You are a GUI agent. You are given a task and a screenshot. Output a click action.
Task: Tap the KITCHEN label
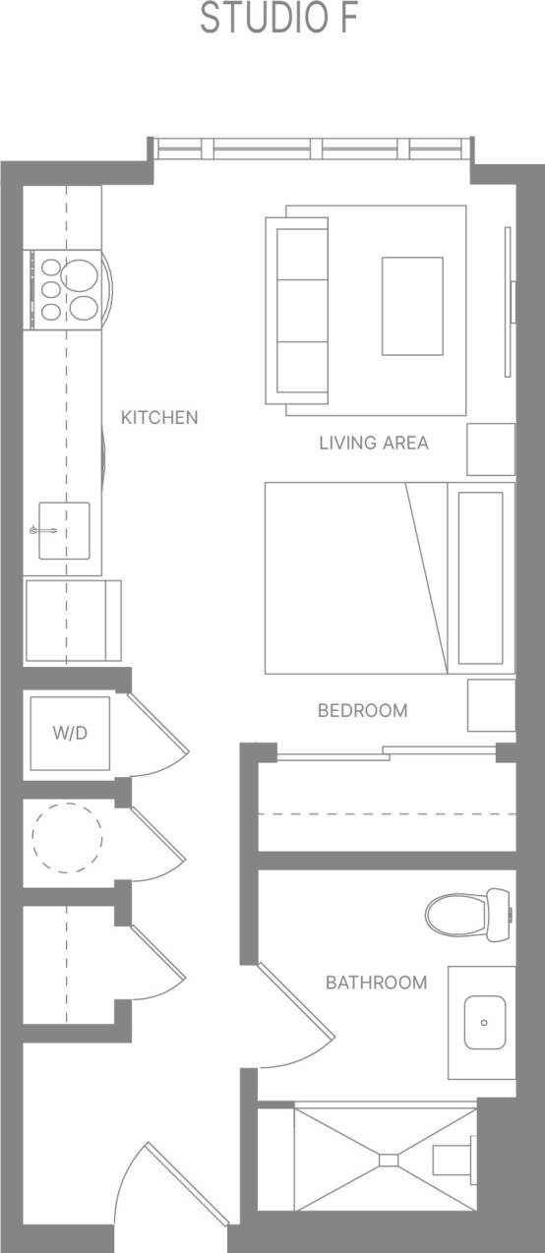pos(159,417)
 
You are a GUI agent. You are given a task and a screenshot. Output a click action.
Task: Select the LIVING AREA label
pos(374,443)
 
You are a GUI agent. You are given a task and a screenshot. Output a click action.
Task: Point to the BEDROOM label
pos(362,710)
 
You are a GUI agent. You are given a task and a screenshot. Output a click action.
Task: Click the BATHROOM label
pos(377,982)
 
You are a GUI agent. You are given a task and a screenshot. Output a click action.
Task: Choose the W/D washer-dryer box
pos(69,734)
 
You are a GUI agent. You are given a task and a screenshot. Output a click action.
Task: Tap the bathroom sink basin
pos(484,1023)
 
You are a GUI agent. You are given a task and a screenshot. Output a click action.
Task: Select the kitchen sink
pos(64,529)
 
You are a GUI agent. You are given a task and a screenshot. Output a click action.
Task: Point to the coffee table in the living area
pos(412,306)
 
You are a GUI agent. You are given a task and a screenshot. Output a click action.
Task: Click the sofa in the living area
pos(301,311)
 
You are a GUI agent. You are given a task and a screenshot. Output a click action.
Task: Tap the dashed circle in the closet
pos(67,838)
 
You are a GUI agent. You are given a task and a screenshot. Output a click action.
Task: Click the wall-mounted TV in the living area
pos(509,301)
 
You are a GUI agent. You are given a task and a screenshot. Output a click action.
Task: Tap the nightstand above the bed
pos(491,448)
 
